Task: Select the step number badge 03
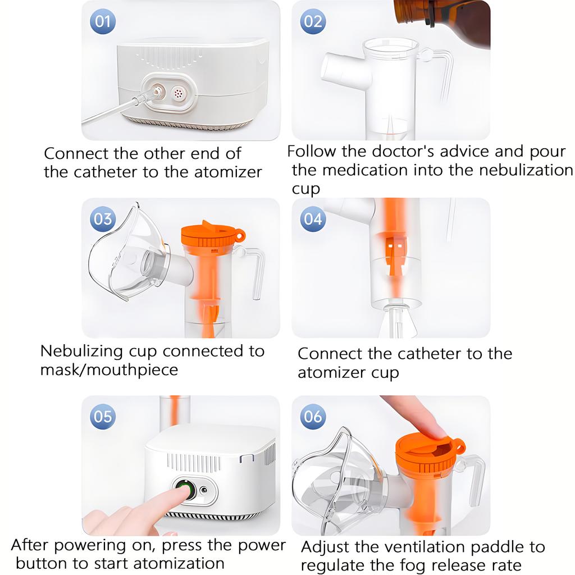click(103, 218)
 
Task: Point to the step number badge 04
click(313, 218)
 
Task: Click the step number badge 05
click(103, 416)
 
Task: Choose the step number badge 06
click(313, 416)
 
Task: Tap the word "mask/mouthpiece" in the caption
click(109, 370)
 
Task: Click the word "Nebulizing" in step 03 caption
click(81, 352)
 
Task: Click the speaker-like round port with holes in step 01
click(179, 93)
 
